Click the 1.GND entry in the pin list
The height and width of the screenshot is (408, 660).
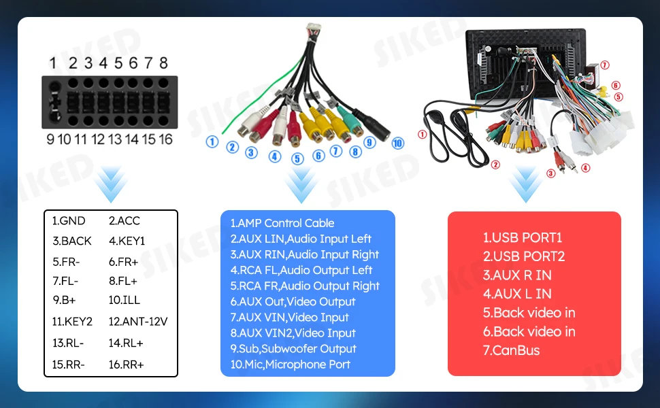[69, 221]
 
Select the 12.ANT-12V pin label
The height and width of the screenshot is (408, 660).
[138, 322]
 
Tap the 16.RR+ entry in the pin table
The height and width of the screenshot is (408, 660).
[127, 364]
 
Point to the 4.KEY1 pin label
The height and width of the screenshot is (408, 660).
[127, 241]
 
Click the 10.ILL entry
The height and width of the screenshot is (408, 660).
[124, 301]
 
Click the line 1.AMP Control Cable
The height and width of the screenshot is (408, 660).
[282, 223]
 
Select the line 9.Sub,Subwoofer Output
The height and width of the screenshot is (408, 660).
[293, 349]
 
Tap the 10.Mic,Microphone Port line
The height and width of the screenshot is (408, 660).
[290, 364]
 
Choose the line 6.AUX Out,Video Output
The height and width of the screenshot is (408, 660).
[293, 302]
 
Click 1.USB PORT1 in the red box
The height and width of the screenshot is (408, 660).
[523, 237]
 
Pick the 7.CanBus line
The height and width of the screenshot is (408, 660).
[511, 350]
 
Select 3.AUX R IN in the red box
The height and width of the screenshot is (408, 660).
[517, 275]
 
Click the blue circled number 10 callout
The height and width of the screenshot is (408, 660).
[398, 143]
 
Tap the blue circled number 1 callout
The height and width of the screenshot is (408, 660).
[212, 141]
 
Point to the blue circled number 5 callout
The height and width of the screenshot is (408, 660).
[297, 158]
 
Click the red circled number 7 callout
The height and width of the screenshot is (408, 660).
[605, 65]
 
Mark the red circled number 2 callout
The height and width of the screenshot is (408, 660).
[495, 165]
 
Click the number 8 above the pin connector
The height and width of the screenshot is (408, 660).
[163, 63]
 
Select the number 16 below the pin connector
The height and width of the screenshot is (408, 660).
[165, 139]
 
